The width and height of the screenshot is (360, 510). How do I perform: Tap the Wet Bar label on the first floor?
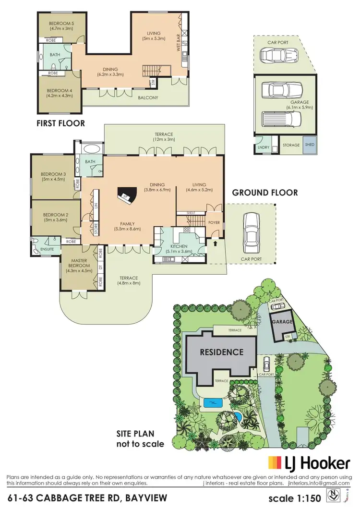(178, 44)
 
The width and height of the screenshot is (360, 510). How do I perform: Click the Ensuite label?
(47, 250)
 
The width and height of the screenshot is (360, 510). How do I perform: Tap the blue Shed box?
(309, 145)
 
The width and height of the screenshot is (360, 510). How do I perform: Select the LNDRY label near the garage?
(263, 147)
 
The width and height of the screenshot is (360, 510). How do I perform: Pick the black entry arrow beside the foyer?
(215, 243)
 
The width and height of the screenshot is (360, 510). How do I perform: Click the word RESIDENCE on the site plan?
(221, 352)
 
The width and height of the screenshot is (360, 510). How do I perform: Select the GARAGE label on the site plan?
(282, 322)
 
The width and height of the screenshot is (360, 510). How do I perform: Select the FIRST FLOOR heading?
(61, 123)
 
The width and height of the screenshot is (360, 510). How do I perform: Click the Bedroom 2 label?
(55, 217)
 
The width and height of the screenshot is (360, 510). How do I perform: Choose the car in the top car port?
(272, 56)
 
